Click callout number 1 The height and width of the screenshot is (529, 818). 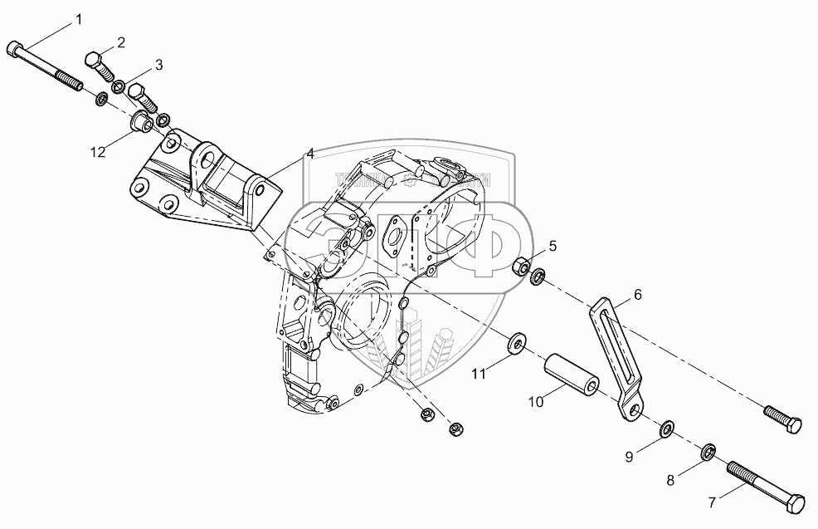[x=80, y=19]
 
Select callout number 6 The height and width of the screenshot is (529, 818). [x=637, y=294]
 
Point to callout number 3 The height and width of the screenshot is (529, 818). [x=158, y=63]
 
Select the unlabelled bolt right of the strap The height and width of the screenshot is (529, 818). [x=781, y=419]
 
